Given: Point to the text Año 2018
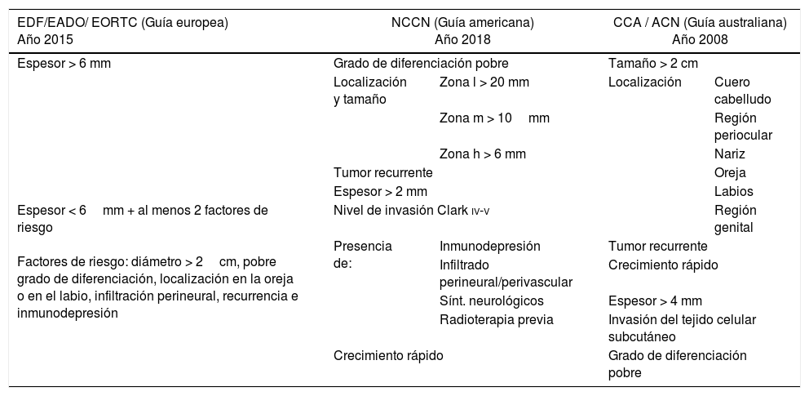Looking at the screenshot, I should coord(462,38).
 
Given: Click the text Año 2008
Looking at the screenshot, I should coord(700,38).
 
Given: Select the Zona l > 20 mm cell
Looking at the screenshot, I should coord(484,82).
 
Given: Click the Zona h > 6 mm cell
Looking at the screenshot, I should coord(483,154).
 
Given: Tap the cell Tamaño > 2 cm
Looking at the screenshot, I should coord(652,64).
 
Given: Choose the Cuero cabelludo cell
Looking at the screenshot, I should coord(742,91).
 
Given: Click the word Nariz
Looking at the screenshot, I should coord(729,154).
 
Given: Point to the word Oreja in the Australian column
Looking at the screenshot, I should coord(730,173).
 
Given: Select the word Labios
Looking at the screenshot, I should coord(732,192).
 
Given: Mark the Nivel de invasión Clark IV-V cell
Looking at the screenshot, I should coord(412,211).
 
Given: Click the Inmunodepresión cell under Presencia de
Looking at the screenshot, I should coord(489,246).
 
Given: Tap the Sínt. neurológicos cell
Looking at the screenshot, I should coord(492,300).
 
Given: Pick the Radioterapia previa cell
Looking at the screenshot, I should coord(496,319).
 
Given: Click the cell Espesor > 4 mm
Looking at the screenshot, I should coord(655,300).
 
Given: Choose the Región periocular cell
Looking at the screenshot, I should coord(742,127).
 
